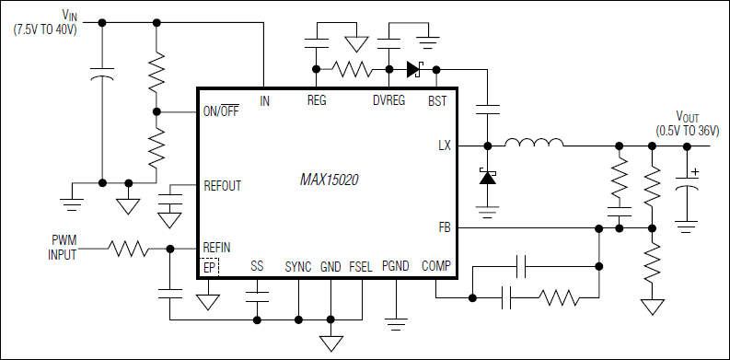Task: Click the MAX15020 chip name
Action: pos(329,181)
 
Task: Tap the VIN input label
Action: pos(70,15)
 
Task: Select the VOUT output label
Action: pos(687,117)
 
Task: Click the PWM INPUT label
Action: pos(64,248)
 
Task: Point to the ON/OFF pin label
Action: pos(222,112)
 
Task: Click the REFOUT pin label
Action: pos(222,185)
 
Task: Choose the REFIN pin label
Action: pos(217,247)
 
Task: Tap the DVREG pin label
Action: pos(389,100)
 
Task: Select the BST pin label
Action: pos(437,100)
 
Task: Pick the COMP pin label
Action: pos(436,266)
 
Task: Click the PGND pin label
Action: pos(395,266)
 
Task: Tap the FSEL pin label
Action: pos(360,266)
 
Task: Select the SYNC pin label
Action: pos(298,266)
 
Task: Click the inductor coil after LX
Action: pos(534,143)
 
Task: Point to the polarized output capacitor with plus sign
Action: pos(687,187)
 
